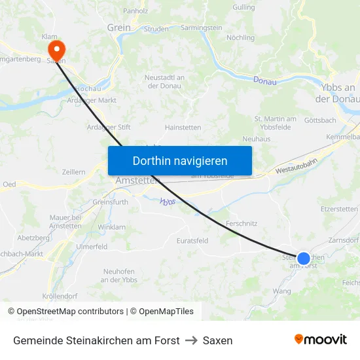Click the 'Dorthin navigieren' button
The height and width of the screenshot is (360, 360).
tap(180, 160)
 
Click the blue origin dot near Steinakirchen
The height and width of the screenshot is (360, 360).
tap(304, 259)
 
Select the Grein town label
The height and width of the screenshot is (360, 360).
tap(119, 27)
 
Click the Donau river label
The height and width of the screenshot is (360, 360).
tap(264, 81)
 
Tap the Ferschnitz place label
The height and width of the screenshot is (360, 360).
tap(242, 223)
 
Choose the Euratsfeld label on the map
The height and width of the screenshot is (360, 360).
tap(192, 240)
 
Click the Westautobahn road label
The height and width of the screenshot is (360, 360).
tap(297, 169)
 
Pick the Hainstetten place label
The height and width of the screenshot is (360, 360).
tap(183, 128)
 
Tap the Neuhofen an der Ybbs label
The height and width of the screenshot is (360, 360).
tap(118, 276)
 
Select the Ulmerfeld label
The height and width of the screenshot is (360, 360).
tap(92, 247)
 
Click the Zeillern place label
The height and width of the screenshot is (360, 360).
tap(73, 171)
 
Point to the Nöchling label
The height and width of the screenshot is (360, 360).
tap(240, 38)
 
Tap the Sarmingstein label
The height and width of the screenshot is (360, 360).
tap(201, 28)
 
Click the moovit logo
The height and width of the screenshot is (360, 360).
tap(321, 339)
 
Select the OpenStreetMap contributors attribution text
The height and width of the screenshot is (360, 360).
tap(68, 312)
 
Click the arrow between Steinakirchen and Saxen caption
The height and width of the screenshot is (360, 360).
tap(191, 340)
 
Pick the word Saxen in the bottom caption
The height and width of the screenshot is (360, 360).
tap(217, 340)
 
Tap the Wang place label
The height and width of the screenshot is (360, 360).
tap(282, 291)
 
